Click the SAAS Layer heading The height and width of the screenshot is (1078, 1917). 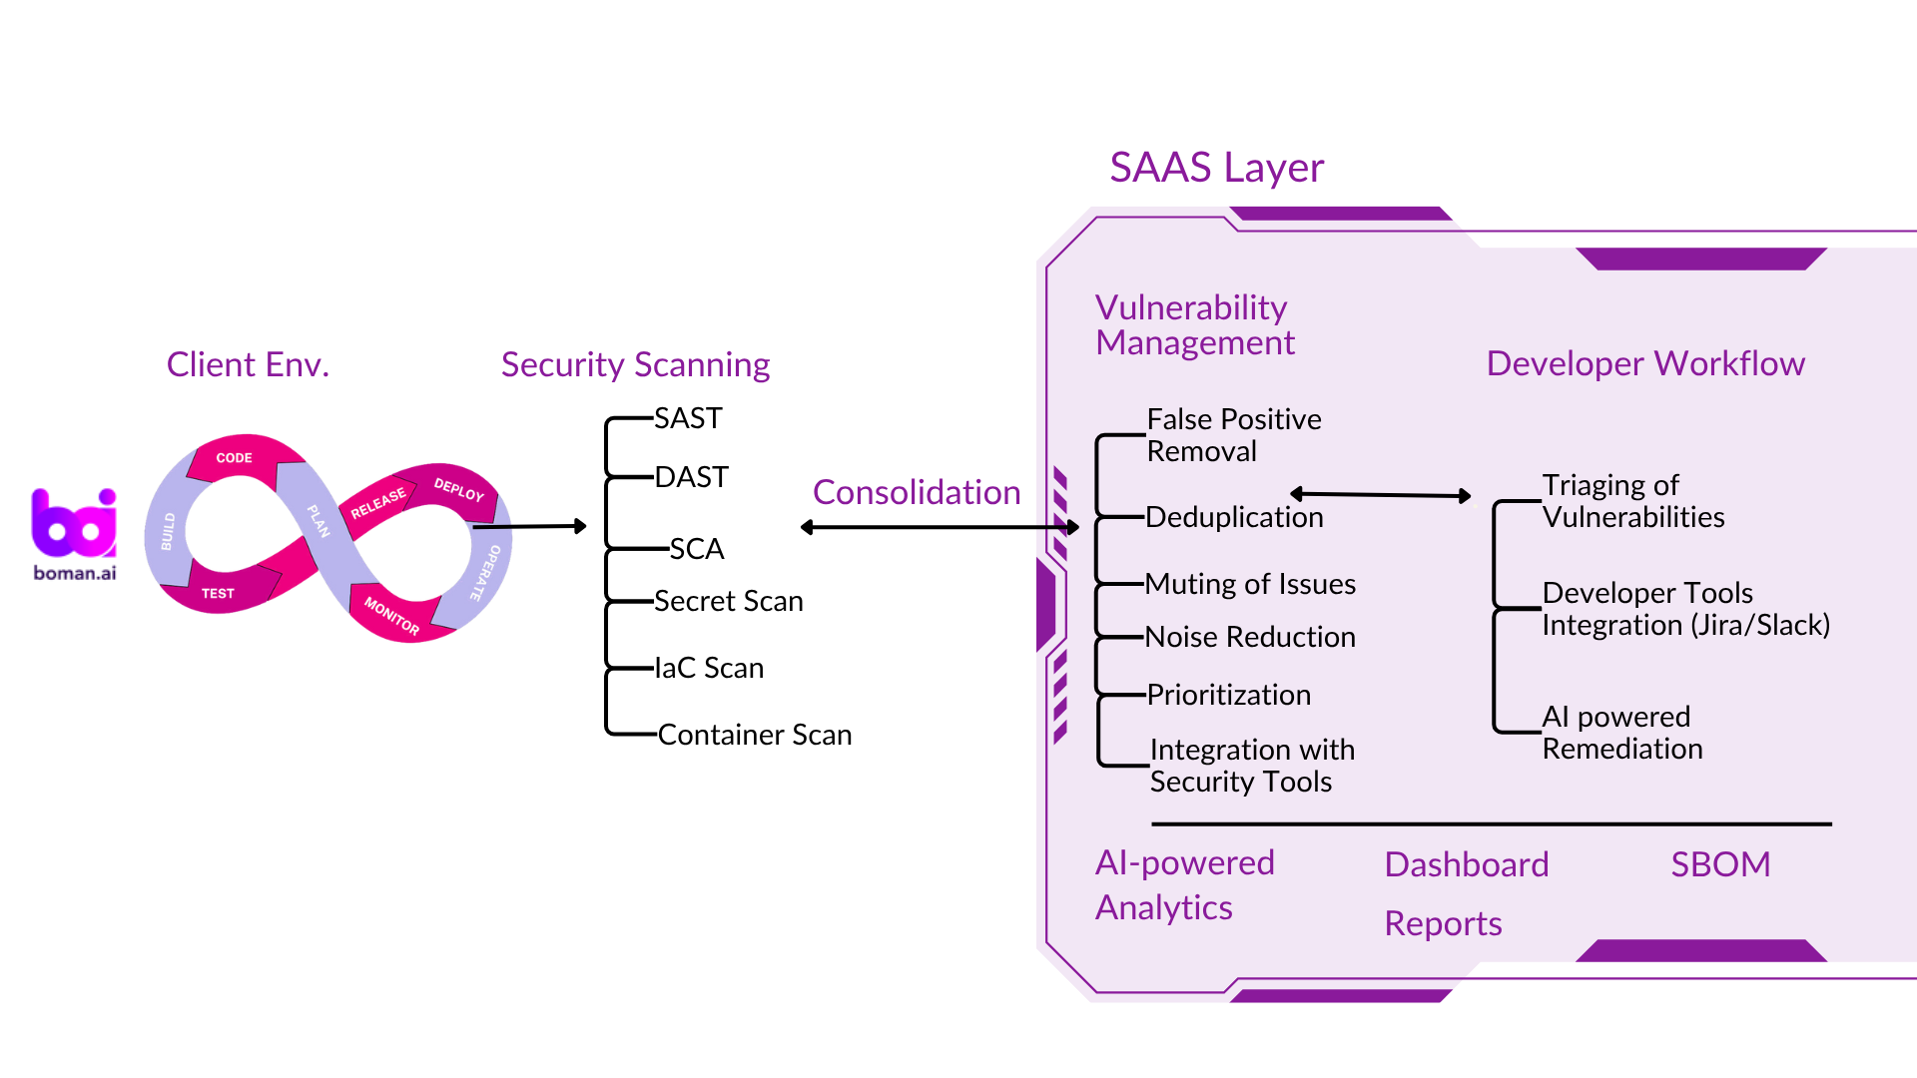(1216, 168)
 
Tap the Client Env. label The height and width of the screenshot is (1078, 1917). (248, 364)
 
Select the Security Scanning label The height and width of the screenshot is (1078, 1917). (635, 365)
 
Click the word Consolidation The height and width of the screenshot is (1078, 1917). (917, 492)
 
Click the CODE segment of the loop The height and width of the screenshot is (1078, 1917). (235, 458)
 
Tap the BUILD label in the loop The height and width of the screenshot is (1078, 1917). (168, 532)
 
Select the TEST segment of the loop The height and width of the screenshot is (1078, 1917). (218, 593)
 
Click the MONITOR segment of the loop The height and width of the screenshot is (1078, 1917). (391, 616)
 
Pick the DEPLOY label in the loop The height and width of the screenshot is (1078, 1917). (459, 489)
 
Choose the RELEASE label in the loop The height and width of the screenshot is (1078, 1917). (378, 503)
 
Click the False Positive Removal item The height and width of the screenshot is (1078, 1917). (1233, 435)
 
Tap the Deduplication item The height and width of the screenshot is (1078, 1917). (1234, 517)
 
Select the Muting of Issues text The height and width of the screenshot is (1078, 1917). (1250, 584)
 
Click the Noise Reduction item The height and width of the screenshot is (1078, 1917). (1250, 637)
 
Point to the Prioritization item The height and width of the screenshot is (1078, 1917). (1228, 695)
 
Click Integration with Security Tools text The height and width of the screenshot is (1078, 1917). (1251, 766)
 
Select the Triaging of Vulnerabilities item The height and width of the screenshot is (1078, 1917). (1632, 501)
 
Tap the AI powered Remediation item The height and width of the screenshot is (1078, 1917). (1621, 733)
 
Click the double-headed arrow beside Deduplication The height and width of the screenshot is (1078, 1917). (1381, 494)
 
